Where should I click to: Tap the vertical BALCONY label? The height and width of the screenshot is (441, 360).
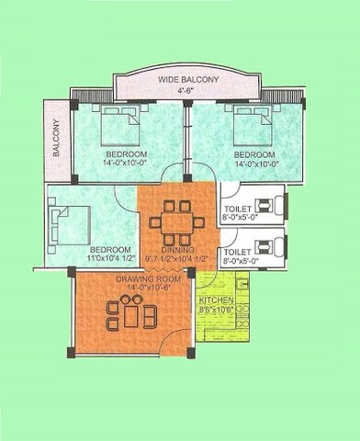[56, 139]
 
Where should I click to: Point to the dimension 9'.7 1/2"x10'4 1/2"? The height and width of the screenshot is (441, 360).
[176, 259]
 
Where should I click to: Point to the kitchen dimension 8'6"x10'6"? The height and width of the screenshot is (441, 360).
[217, 311]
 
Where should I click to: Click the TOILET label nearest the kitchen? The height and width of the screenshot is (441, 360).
[238, 251]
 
